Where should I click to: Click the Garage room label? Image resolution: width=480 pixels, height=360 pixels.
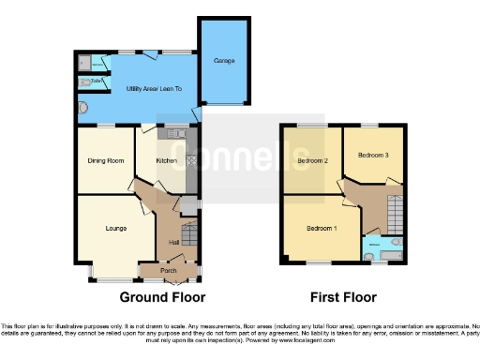[224, 61]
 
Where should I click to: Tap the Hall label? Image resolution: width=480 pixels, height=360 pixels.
[173, 243]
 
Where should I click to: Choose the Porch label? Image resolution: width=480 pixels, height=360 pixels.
[169, 271]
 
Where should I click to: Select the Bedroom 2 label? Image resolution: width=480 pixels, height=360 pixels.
[311, 160]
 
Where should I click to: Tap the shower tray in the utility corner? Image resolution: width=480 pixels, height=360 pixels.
[86, 63]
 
